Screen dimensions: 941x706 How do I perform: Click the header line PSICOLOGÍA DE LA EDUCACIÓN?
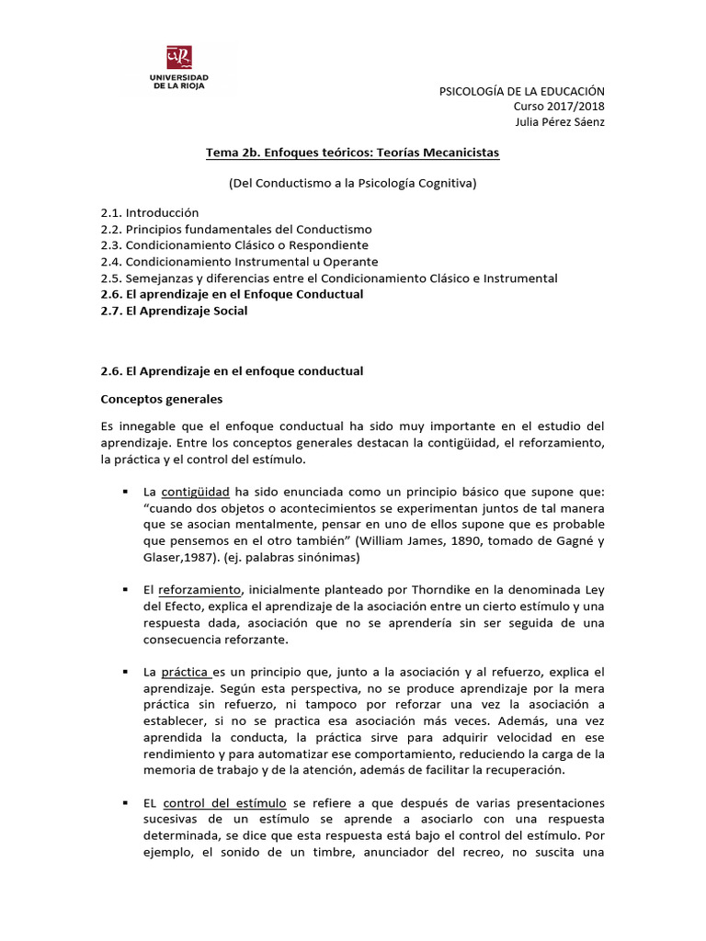tap(523, 91)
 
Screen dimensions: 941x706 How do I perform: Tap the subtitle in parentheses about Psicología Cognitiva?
tap(352, 183)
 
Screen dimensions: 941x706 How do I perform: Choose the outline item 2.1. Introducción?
tap(150, 212)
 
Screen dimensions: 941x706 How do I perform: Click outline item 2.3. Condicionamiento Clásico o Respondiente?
tap(234, 245)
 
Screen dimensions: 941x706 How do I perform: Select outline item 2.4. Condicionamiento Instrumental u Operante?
tap(239, 261)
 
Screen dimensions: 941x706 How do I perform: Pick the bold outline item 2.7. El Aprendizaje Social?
tap(175, 311)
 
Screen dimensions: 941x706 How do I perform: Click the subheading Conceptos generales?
tap(161, 400)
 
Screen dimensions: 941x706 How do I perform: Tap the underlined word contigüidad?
tap(195, 492)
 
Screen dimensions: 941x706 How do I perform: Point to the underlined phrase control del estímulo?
tap(225, 802)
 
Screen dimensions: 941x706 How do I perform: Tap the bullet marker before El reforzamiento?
tap(124, 588)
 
